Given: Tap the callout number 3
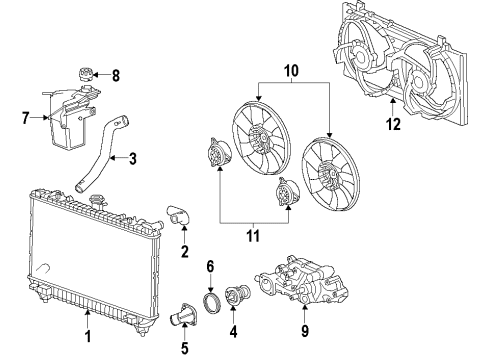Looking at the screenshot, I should point(133,157).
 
